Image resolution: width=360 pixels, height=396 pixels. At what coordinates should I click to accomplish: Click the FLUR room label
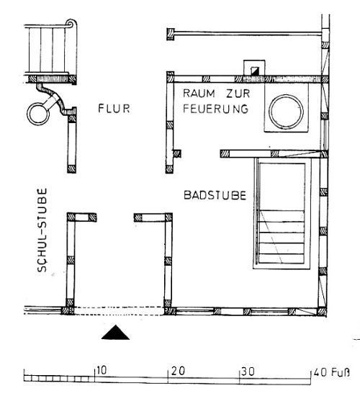pos(114,108)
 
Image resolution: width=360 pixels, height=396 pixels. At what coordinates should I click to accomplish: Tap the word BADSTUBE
pos(215,195)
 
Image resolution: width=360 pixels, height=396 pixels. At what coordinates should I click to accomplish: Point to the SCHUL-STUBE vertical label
pos(42,230)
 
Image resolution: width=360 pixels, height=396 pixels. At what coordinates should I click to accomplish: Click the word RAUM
pos(199,93)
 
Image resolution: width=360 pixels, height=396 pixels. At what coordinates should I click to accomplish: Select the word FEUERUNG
pos(215,109)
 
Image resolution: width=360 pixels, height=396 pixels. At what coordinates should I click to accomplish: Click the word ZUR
pos(238,94)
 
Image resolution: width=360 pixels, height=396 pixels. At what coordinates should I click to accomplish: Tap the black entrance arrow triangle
pos(115,333)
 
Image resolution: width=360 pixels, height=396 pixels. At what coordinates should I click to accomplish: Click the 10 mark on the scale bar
pos(102,371)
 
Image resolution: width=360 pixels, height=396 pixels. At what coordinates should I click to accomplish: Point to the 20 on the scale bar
pos(179,371)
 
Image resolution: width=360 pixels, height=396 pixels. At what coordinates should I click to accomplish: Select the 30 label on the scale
pos(248,372)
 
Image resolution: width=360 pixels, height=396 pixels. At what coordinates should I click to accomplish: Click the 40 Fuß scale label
pos(332,372)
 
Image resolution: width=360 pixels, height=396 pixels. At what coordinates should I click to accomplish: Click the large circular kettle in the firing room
pos(286,112)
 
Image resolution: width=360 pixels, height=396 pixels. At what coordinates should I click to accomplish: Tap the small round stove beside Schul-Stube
pos(39,114)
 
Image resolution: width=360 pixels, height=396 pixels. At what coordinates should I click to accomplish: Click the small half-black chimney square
pos(255,71)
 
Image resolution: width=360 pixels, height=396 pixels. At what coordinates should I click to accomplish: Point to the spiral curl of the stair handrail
pos(71,24)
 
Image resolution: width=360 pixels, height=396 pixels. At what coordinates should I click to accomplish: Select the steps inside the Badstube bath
pos(282,237)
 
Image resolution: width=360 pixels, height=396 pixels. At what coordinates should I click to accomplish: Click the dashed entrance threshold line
pos(119,311)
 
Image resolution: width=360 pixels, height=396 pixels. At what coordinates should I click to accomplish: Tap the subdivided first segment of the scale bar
pos(59,379)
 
